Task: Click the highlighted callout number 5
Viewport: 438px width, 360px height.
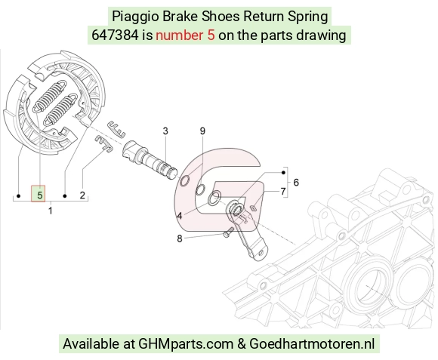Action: pyautogui.click(x=39, y=195)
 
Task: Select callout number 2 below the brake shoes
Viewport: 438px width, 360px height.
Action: pyautogui.click(x=82, y=195)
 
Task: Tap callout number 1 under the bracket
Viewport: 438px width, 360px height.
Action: pyautogui.click(x=51, y=211)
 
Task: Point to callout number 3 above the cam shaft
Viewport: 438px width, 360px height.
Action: pyautogui.click(x=165, y=131)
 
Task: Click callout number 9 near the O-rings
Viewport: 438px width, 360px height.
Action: pyautogui.click(x=202, y=131)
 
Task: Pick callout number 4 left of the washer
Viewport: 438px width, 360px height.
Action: pyautogui.click(x=180, y=215)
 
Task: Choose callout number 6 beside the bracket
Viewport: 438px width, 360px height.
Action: pyautogui.click(x=296, y=183)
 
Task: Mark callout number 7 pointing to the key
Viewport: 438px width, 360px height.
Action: pyautogui.click(x=283, y=191)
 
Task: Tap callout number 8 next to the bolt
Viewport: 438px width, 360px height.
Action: pyautogui.click(x=180, y=238)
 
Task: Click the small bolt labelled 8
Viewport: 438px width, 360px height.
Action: pyautogui.click(x=228, y=232)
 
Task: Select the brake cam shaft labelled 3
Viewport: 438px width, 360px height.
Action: pyautogui.click(x=150, y=160)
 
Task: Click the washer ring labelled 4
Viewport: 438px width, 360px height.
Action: pyautogui.click(x=214, y=198)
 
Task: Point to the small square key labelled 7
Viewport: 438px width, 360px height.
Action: pyautogui.click(x=253, y=208)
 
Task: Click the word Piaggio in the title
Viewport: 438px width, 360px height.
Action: pyautogui.click(x=135, y=17)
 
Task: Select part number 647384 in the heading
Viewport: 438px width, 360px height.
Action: pyautogui.click(x=115, y=35)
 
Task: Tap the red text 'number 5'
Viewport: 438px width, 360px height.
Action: pyautogui.click(x=185, y=35)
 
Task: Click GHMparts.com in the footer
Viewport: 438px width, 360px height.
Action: pyautogui.click(x=186, y=343)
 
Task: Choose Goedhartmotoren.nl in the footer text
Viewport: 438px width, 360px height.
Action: pyautogui.click(x=312, y=343)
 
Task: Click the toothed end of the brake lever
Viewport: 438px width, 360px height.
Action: pyautogui.click(x=234, y=209)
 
